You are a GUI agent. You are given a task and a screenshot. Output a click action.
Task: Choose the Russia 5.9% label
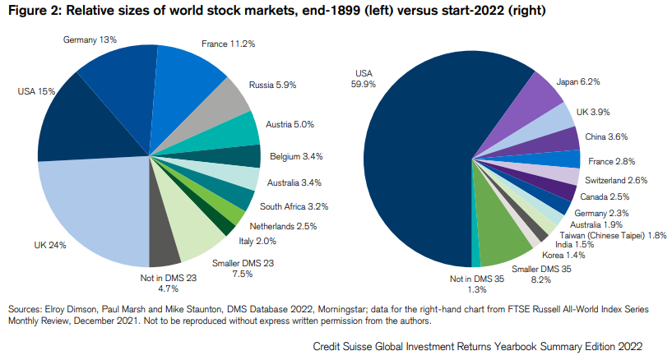274,84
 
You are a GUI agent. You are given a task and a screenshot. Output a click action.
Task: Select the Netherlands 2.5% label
284,225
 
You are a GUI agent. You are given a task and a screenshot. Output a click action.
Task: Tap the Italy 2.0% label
257,242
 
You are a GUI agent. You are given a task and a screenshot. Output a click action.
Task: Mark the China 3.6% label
605,136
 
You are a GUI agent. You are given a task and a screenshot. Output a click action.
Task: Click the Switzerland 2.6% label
616,180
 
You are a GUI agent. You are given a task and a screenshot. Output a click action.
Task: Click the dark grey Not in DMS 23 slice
164,247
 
